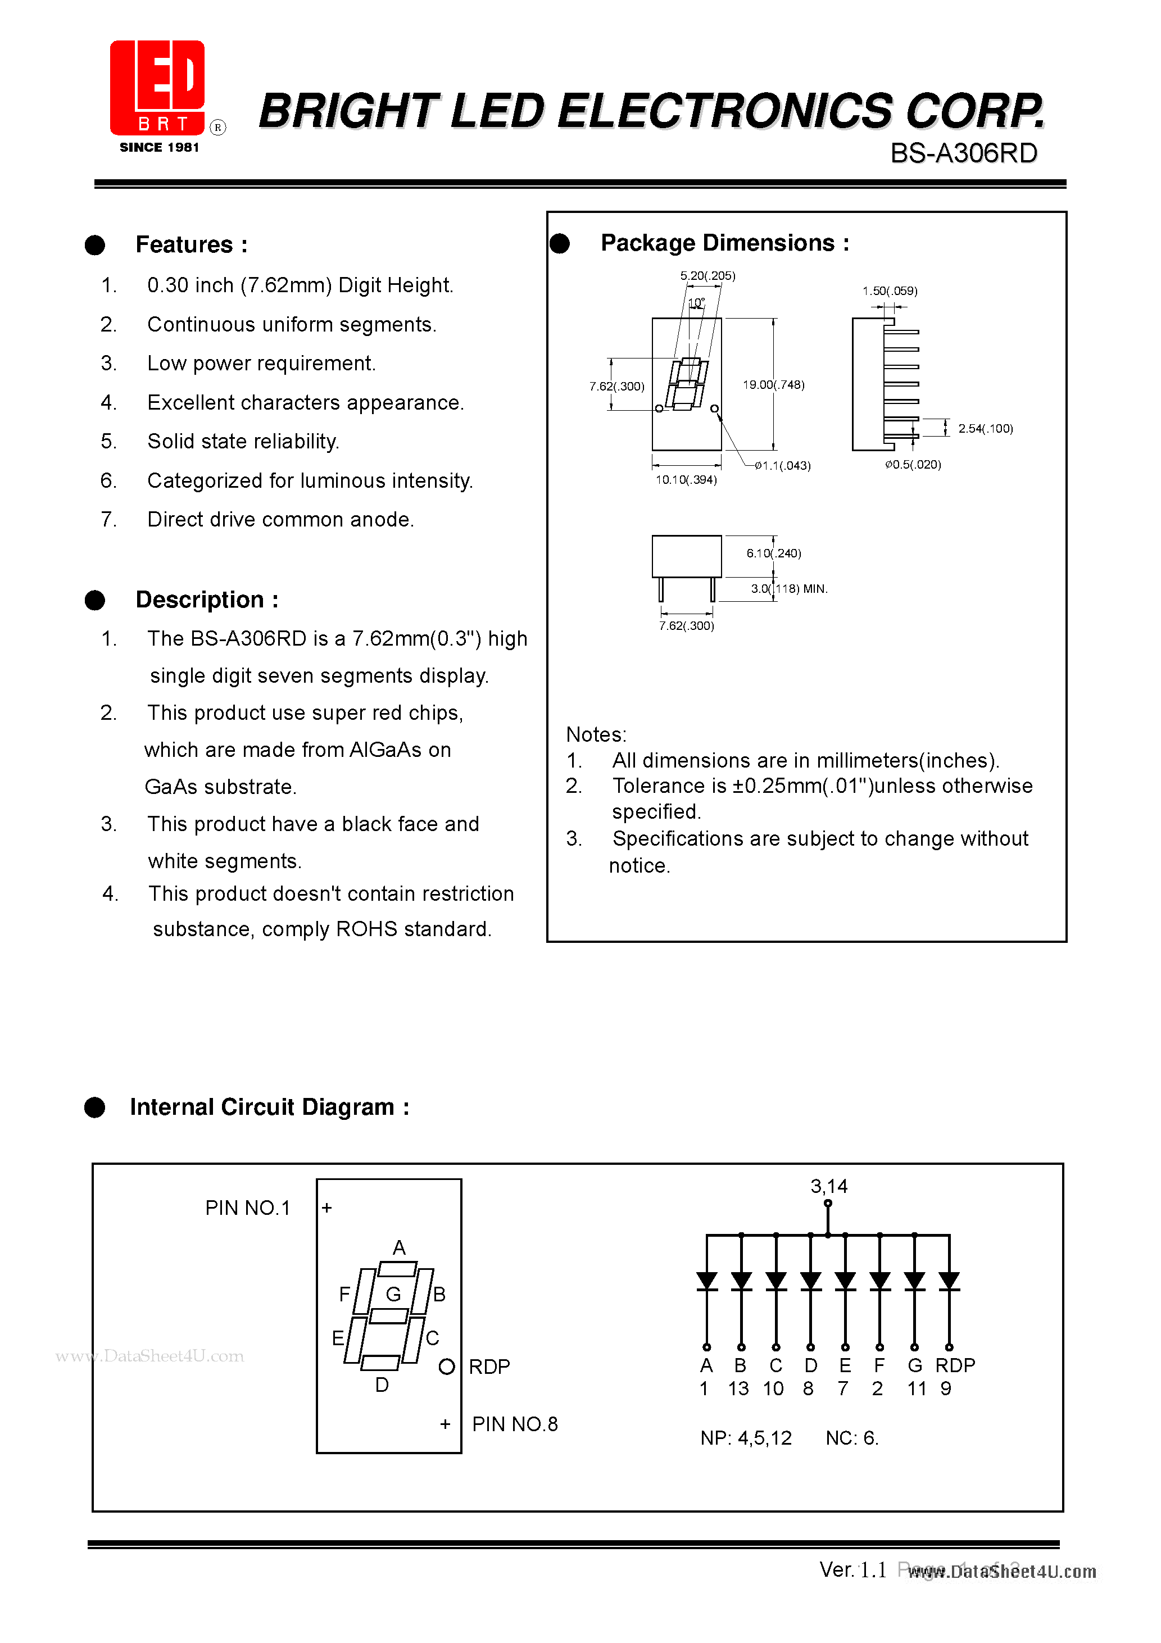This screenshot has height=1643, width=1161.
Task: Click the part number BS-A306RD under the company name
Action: pyautogui.click(x=963, y=153)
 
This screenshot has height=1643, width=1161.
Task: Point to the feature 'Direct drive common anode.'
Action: pyautogui.click(x=280, y=520)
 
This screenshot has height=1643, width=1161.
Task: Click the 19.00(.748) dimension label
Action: pyautogui.click(x=773, y=385)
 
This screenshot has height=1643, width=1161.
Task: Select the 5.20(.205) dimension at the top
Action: pyautogui.click(x=707, y=275)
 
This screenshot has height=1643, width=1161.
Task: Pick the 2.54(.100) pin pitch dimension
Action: pyautogui.click(x=985, y=429)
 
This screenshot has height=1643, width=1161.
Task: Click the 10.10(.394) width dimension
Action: pyautogui.click(x=686, y=479)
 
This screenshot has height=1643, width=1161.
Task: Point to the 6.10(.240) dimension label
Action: pyautogui.click(x=773, y=553)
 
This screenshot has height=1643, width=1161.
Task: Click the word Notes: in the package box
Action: pyautogui.click(x=596, y=735)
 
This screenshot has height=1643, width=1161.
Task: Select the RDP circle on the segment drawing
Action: pyautogui.click(x=447, y=1367)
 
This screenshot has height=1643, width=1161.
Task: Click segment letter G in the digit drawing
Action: pyautogui.click(x=393, y=1294)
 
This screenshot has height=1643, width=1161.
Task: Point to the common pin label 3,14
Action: pyautogui.click(x=828, y=1186)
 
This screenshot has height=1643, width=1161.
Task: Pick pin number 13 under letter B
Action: pyautogui.click(x=738, y=1389)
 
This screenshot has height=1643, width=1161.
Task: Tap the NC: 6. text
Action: pyautogui.click(x=851, y=1438)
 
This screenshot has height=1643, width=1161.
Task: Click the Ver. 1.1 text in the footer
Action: pyautogui.click(x=852, y=1570)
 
